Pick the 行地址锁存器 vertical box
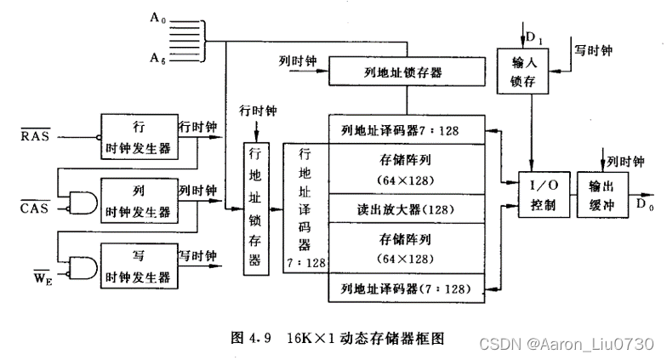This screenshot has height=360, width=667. coord(254,206)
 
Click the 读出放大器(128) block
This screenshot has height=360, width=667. coord(406,209)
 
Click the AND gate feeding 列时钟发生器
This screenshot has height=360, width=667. coord(83,200)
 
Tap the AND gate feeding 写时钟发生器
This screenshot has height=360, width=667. coord(83,266)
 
